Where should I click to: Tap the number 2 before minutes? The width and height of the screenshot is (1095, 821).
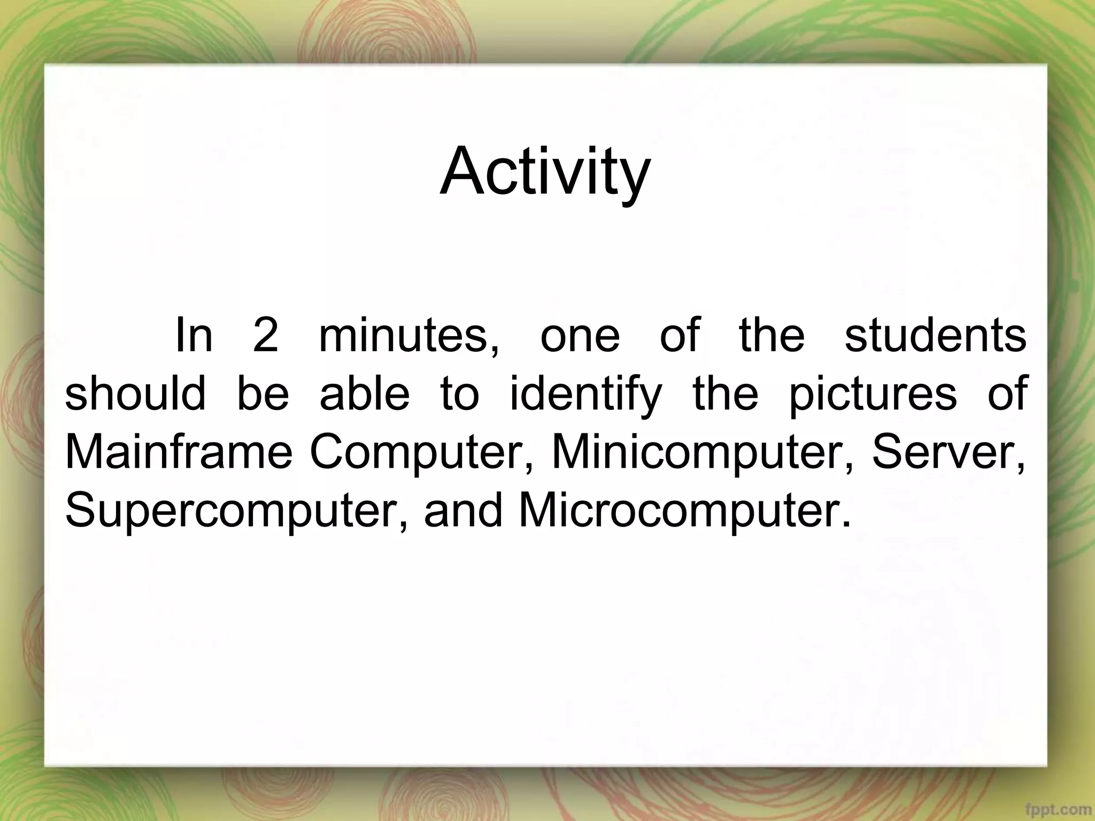click(x=266, y=335)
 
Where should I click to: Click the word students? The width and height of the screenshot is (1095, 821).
click(x=935, y=335)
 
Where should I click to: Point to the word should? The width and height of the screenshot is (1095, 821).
click(x=135, y=393)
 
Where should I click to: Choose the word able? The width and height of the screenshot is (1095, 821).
click(x=365, y=393)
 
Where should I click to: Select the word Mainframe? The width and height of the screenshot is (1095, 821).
click(x=179, y=452)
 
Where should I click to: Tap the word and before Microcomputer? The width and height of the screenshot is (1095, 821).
click(x=464, y=509)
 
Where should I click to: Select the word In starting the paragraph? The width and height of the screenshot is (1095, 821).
click(x=194, y=335)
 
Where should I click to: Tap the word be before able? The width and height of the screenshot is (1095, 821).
click(x=263, y=393)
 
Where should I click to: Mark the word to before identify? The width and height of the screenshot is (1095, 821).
click(x=460, y=394)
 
